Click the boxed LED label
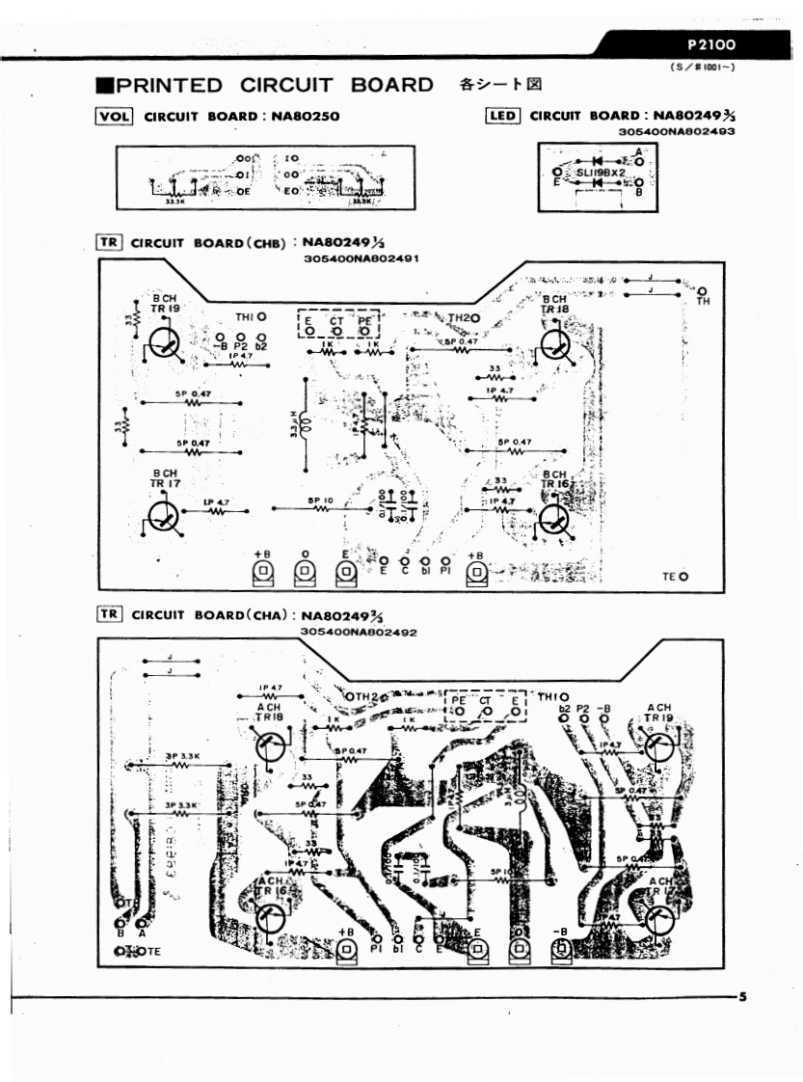pos(503,117)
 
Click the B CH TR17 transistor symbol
pos(166,518)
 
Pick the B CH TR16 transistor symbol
pos(556,518)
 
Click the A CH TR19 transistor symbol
pos(659,747)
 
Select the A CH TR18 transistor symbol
pos(272,746)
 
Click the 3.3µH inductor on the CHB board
pos(306,422)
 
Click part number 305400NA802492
pos(359,632)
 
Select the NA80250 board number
pos(301,117)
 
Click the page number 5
pos(741,996)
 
